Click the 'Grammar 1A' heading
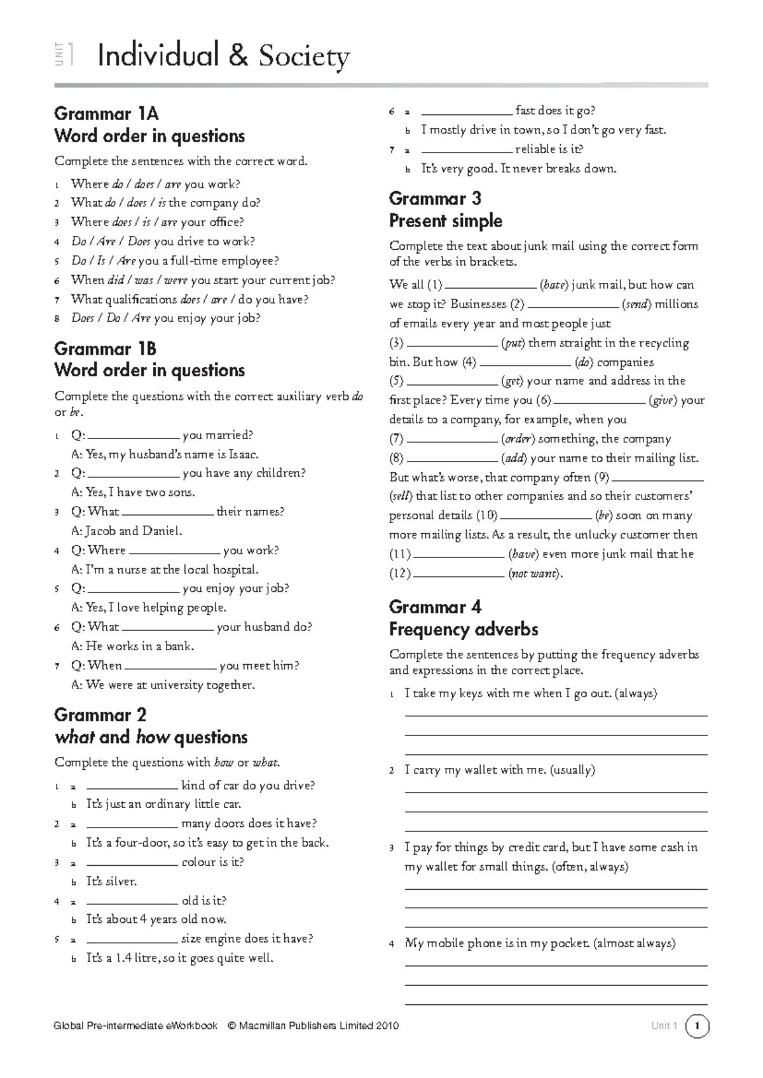click(106, 114)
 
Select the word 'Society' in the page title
click(304, 57)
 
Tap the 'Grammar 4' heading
click(435, 607)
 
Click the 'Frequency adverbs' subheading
click(464, 629)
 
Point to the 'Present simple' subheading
click(445, 221)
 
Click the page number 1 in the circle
click(698, 1026)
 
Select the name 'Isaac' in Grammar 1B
click(243, 454)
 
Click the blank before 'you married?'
click(134, 436)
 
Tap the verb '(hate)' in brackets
click(553, 285)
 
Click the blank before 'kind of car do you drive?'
click(132, 786)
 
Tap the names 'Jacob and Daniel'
click(134, 531)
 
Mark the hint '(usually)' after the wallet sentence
click(572, 770)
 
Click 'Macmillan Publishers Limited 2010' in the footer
click(319, 1026)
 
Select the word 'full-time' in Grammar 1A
click(189, 261)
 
